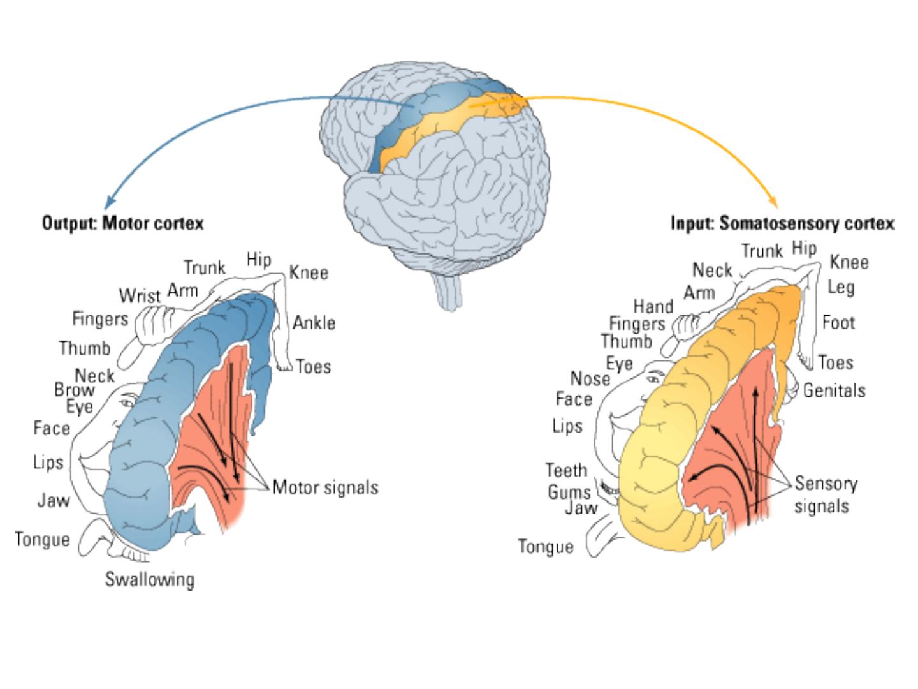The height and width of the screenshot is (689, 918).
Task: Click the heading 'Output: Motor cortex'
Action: [x=122, y=223]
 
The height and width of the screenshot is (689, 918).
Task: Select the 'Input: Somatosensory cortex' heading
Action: [x=782, y=223]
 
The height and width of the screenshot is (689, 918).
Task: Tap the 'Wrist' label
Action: [x=140, y=296]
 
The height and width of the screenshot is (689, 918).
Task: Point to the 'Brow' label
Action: [x=75, y=390]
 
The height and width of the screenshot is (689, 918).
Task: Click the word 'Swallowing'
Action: [x=149, y=580]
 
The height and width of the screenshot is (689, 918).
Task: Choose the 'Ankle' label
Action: [x=314, y=323]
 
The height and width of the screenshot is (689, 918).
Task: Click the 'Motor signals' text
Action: [x=325, y=487]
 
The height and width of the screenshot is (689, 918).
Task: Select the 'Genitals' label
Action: [x=834, y=390]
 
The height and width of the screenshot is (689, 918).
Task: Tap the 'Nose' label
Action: [x=590, y=379]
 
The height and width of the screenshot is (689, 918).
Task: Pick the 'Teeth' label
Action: [x=566, y=470]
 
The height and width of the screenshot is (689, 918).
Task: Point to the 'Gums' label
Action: [x=569, y=493]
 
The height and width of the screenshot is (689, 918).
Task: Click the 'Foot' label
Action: [x=838, y=323]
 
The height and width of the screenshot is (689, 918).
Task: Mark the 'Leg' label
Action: [x=841, y=288]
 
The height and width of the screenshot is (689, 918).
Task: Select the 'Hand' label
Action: [x=653, y=306]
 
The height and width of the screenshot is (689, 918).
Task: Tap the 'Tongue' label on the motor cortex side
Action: [x=42, y=540]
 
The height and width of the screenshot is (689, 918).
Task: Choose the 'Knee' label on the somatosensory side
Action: [x=849, y=262]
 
